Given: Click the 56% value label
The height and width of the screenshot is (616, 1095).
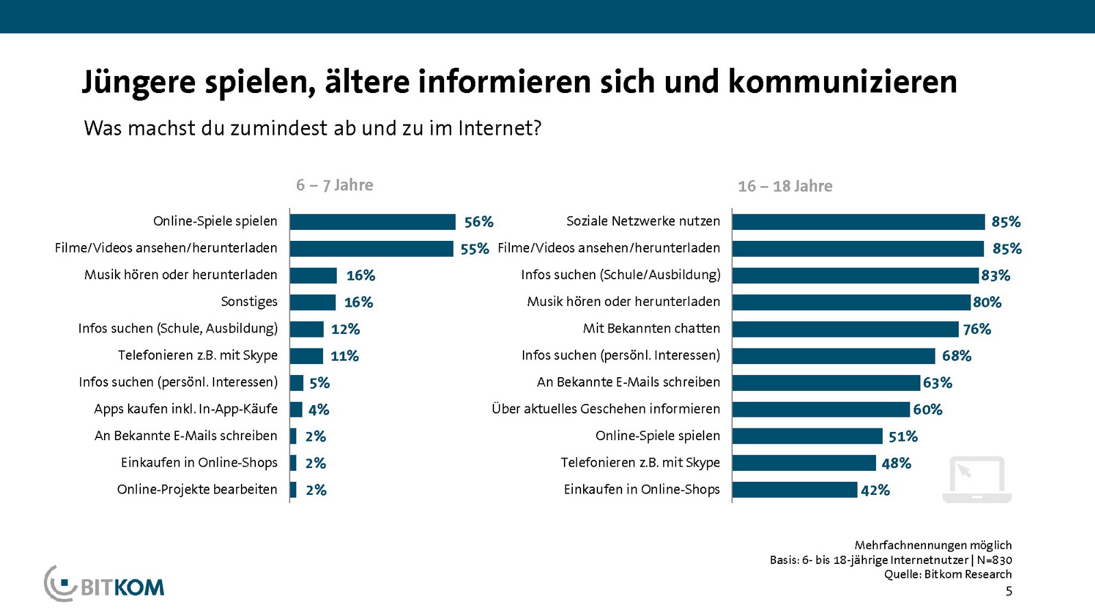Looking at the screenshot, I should click(x=478, y=222).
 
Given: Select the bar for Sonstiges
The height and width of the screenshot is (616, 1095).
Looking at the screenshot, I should click(x=313, y=303).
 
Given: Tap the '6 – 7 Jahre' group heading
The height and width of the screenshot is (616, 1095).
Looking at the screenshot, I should click(x=335, y=185).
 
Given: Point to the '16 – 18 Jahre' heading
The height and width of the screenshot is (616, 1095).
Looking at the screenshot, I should click(x=785, y=186).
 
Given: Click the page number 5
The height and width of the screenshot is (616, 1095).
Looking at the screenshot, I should click(x=1009, y=591).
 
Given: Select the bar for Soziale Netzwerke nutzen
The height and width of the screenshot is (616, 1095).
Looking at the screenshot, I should click(x=858, y=222).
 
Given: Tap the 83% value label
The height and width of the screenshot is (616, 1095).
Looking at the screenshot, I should click(x=995, y=275).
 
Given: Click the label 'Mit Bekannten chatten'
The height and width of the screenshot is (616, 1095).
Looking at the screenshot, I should click(x=652, y=329).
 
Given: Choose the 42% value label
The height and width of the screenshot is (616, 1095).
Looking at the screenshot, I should click(x=875, y=490).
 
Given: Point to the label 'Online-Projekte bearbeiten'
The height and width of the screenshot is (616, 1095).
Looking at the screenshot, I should click(x=197, y=489).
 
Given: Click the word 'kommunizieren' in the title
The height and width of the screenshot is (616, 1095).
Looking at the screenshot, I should click(x=842, y=81).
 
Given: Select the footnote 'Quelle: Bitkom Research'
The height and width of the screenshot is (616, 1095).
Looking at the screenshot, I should click(x=947, y=574).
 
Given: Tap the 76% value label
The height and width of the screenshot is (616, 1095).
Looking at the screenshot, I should click(x=977, y=329).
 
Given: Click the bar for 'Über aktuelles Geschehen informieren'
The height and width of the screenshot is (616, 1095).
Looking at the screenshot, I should click(x=821, y=409).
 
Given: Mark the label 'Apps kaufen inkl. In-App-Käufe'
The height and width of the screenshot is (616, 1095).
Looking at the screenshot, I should click(x=185, y=409).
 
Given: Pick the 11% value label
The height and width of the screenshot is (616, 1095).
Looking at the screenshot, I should click(x=344, y=356).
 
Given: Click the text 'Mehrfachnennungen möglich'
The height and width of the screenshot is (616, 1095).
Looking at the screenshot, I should click(x=933, y=545).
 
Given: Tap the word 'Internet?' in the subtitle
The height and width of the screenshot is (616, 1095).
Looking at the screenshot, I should click(x=500, y=128).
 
